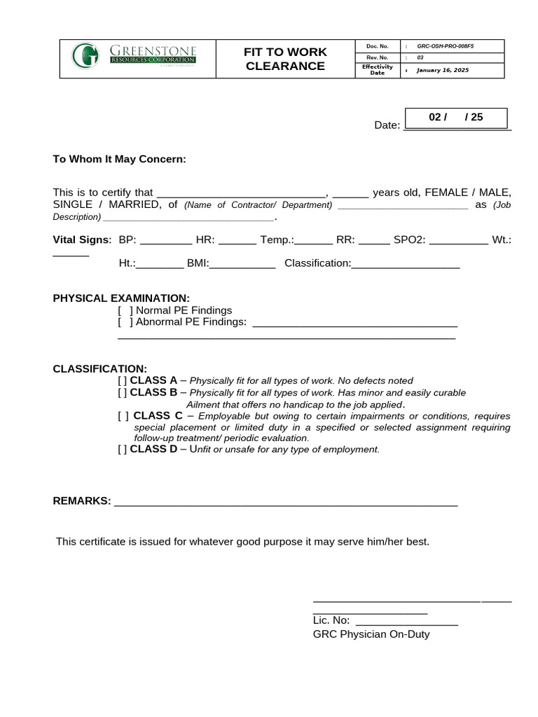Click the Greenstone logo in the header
point(134,55)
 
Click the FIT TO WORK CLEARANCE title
point(284,60)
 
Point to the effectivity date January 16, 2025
point(442,70)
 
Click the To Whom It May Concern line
point(120,159)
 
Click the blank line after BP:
point(166,242)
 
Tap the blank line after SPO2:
point(458,242)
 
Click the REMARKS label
point(82,501)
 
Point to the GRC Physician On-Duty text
point(371,634)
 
